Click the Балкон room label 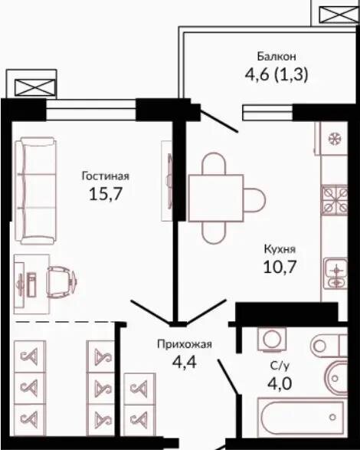coord(277,56)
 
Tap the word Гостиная coord(106,176)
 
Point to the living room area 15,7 coord(106,194)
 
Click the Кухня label coord(280,249)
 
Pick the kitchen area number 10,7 coord(280,267)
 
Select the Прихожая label coord(185,343)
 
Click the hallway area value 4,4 coord(184,362)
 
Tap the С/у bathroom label coord(279,366)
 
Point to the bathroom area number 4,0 coord(280,383)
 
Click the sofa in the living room coord(35,191)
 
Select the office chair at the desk coord(61,282)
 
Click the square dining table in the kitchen coord(216,198)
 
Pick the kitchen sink coord(336,273)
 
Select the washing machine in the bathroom coord(272,339)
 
